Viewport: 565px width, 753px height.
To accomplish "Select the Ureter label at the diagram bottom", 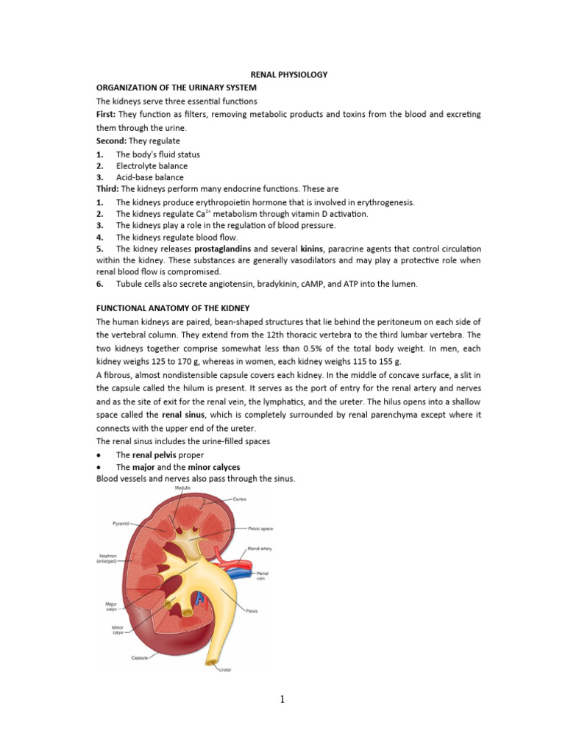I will point(225,670).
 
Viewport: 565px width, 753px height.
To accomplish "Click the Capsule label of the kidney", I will point(141,657).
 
